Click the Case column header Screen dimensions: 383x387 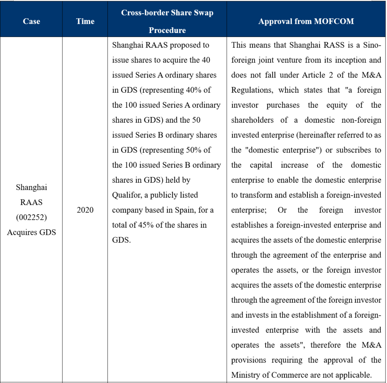pos(31,21)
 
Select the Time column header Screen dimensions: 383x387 pos(85,21)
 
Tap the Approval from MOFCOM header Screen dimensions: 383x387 pos(306,21)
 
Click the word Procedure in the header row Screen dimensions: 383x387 pos(167,30)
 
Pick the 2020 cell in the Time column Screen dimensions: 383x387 pos(85,210)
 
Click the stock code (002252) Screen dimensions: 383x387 pos(31,217)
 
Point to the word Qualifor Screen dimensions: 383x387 pos(129,195)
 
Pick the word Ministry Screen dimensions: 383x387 pos(245,375)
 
